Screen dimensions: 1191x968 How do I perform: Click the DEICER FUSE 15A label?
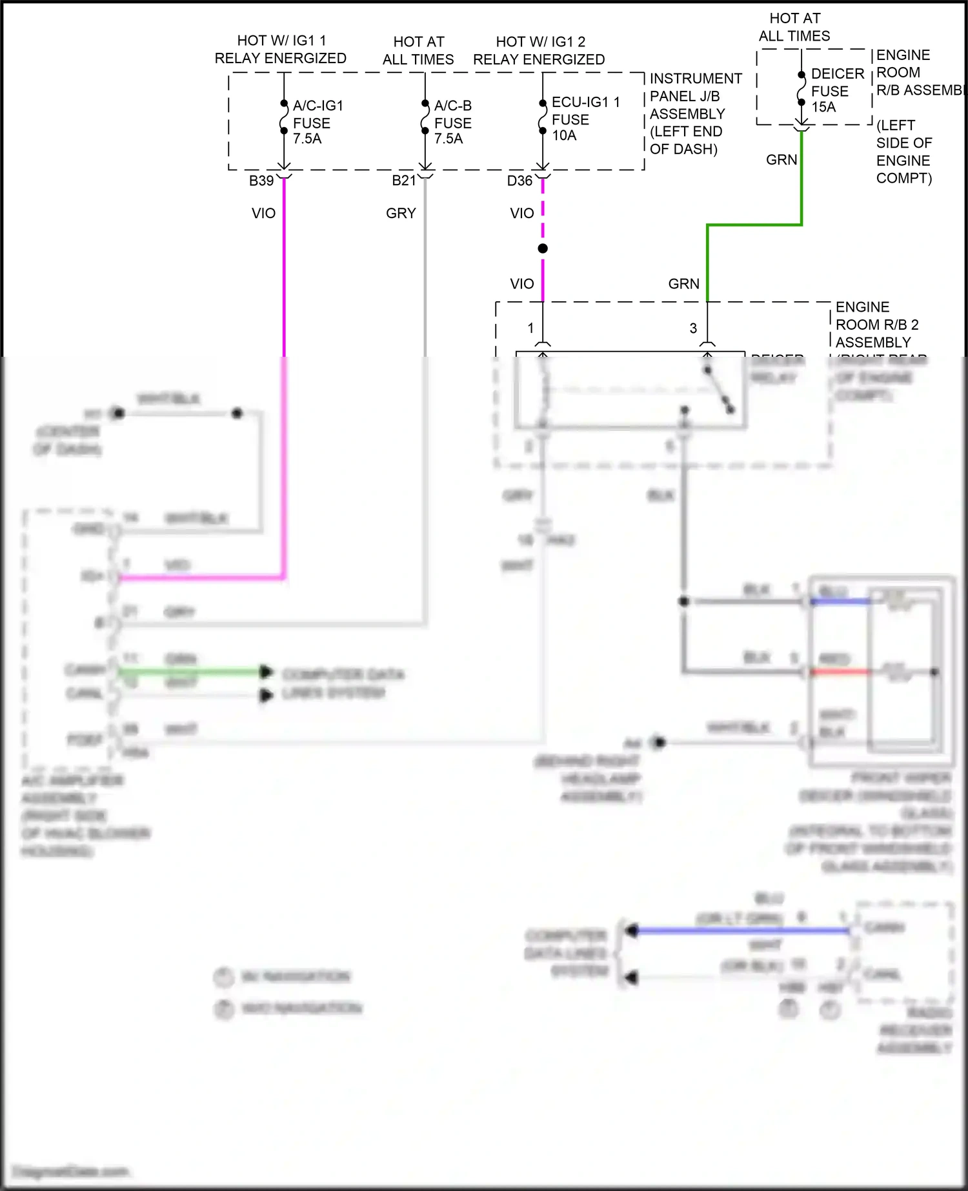tap(836, 90)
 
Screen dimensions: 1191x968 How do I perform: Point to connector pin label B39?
tap(261, 181)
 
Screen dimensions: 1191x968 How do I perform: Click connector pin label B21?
tap(403, 181)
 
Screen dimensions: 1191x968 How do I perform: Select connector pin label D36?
tap(519, 181)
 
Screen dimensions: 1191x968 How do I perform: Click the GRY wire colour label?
tap(401, 214)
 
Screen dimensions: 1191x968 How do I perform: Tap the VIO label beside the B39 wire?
tap(263, 214)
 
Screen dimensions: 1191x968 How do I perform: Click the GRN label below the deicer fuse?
tap(781, 160)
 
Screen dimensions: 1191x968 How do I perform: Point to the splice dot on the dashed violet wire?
tap(543, 248)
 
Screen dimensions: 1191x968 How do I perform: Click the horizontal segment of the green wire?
tap(754, 225)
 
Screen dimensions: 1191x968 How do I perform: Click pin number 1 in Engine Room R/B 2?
tap(530, 328)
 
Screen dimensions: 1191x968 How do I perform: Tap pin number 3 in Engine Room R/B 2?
tap(693, 328)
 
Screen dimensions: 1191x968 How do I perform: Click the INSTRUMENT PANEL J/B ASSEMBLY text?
tap(696, 114)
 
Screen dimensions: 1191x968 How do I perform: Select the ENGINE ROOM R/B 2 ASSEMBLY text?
tap(876, 325)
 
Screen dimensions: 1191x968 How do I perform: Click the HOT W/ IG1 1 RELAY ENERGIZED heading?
tap(280, 50)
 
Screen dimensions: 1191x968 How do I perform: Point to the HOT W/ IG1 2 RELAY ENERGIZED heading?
tap(539, 51)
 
